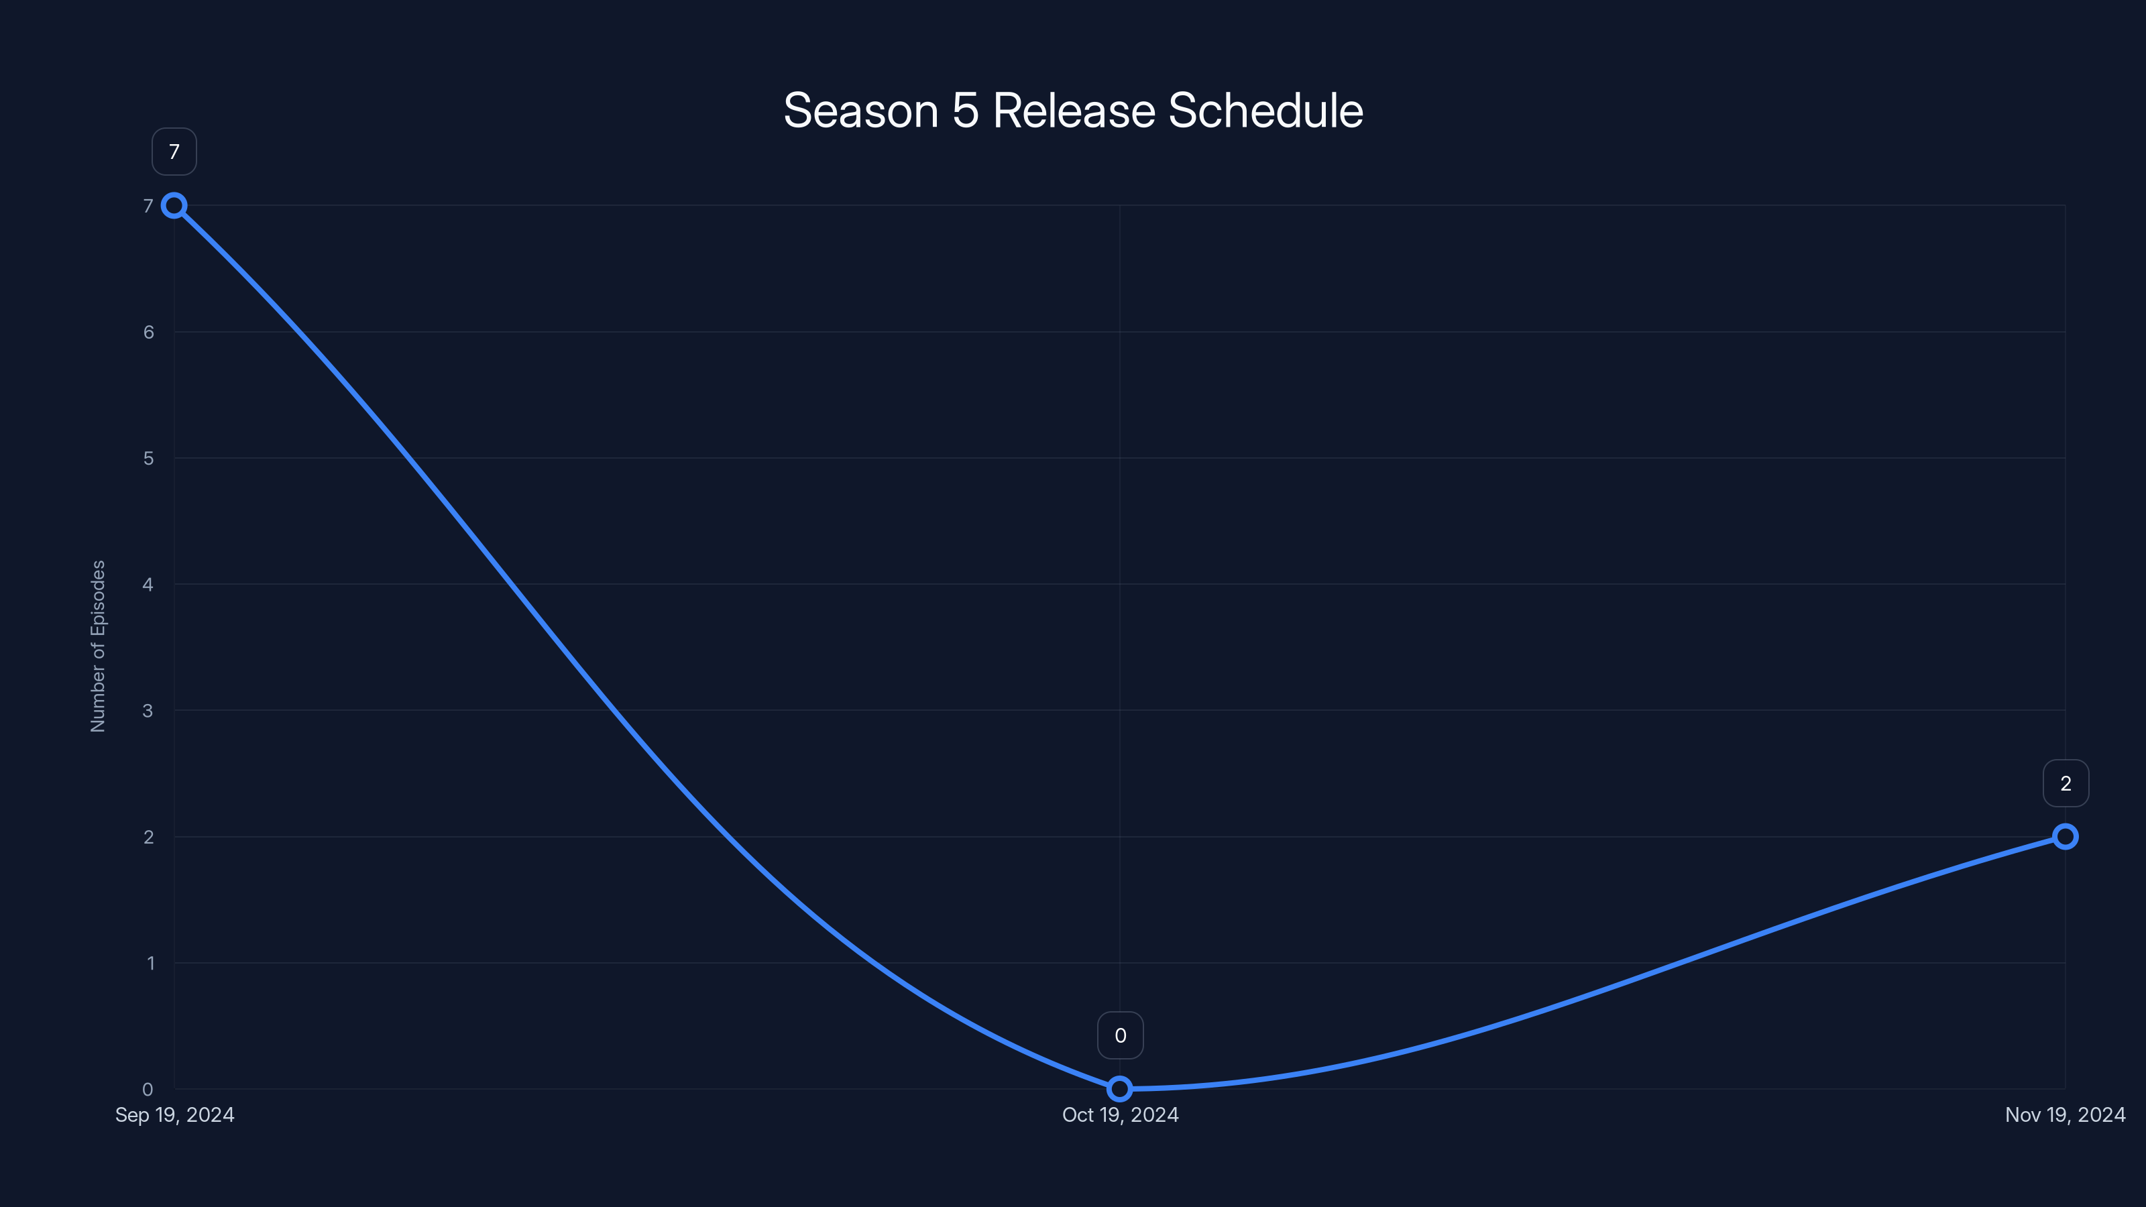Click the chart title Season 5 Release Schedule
1073,111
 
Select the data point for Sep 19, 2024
174,206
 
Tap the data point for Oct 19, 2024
1120,1089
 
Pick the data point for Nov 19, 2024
2066,836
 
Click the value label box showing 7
174,152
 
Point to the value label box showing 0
1121,1035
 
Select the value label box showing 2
2066,783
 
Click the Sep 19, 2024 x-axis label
175,1114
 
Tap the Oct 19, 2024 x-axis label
1121,1114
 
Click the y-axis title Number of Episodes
99,646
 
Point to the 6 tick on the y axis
148,333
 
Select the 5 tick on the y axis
148,458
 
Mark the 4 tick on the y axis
148,585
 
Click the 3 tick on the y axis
148,711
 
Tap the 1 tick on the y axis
151,963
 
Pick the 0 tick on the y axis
148,1089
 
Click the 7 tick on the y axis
148,206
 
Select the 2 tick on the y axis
148,837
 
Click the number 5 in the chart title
966,111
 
